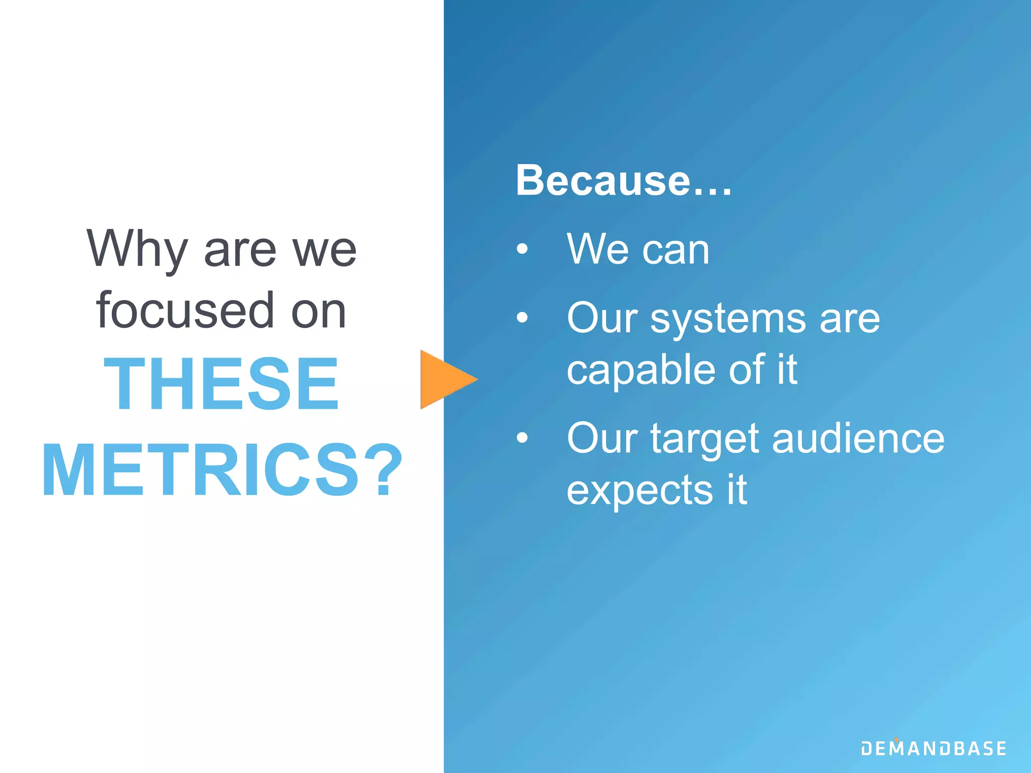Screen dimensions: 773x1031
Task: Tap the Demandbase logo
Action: [x=933, y=748]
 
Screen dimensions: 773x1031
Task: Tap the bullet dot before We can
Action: [x=522, y=249]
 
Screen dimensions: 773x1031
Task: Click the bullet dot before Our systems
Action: [x=522, y=317]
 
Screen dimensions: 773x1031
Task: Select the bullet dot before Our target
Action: [x=522, y=437]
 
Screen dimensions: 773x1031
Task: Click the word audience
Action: [x=858, y=438]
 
